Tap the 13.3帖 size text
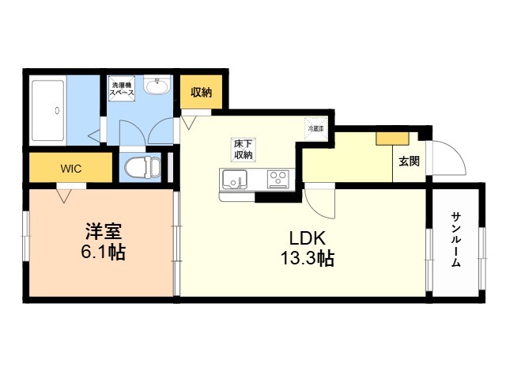303,258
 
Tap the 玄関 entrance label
409,162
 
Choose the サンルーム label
456,240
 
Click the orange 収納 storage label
201,93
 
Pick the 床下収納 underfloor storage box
243,150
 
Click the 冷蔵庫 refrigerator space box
315,127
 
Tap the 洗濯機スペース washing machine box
122,88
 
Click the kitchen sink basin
235,180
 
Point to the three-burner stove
278,179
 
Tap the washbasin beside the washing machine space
160,85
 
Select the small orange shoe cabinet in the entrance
389,138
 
